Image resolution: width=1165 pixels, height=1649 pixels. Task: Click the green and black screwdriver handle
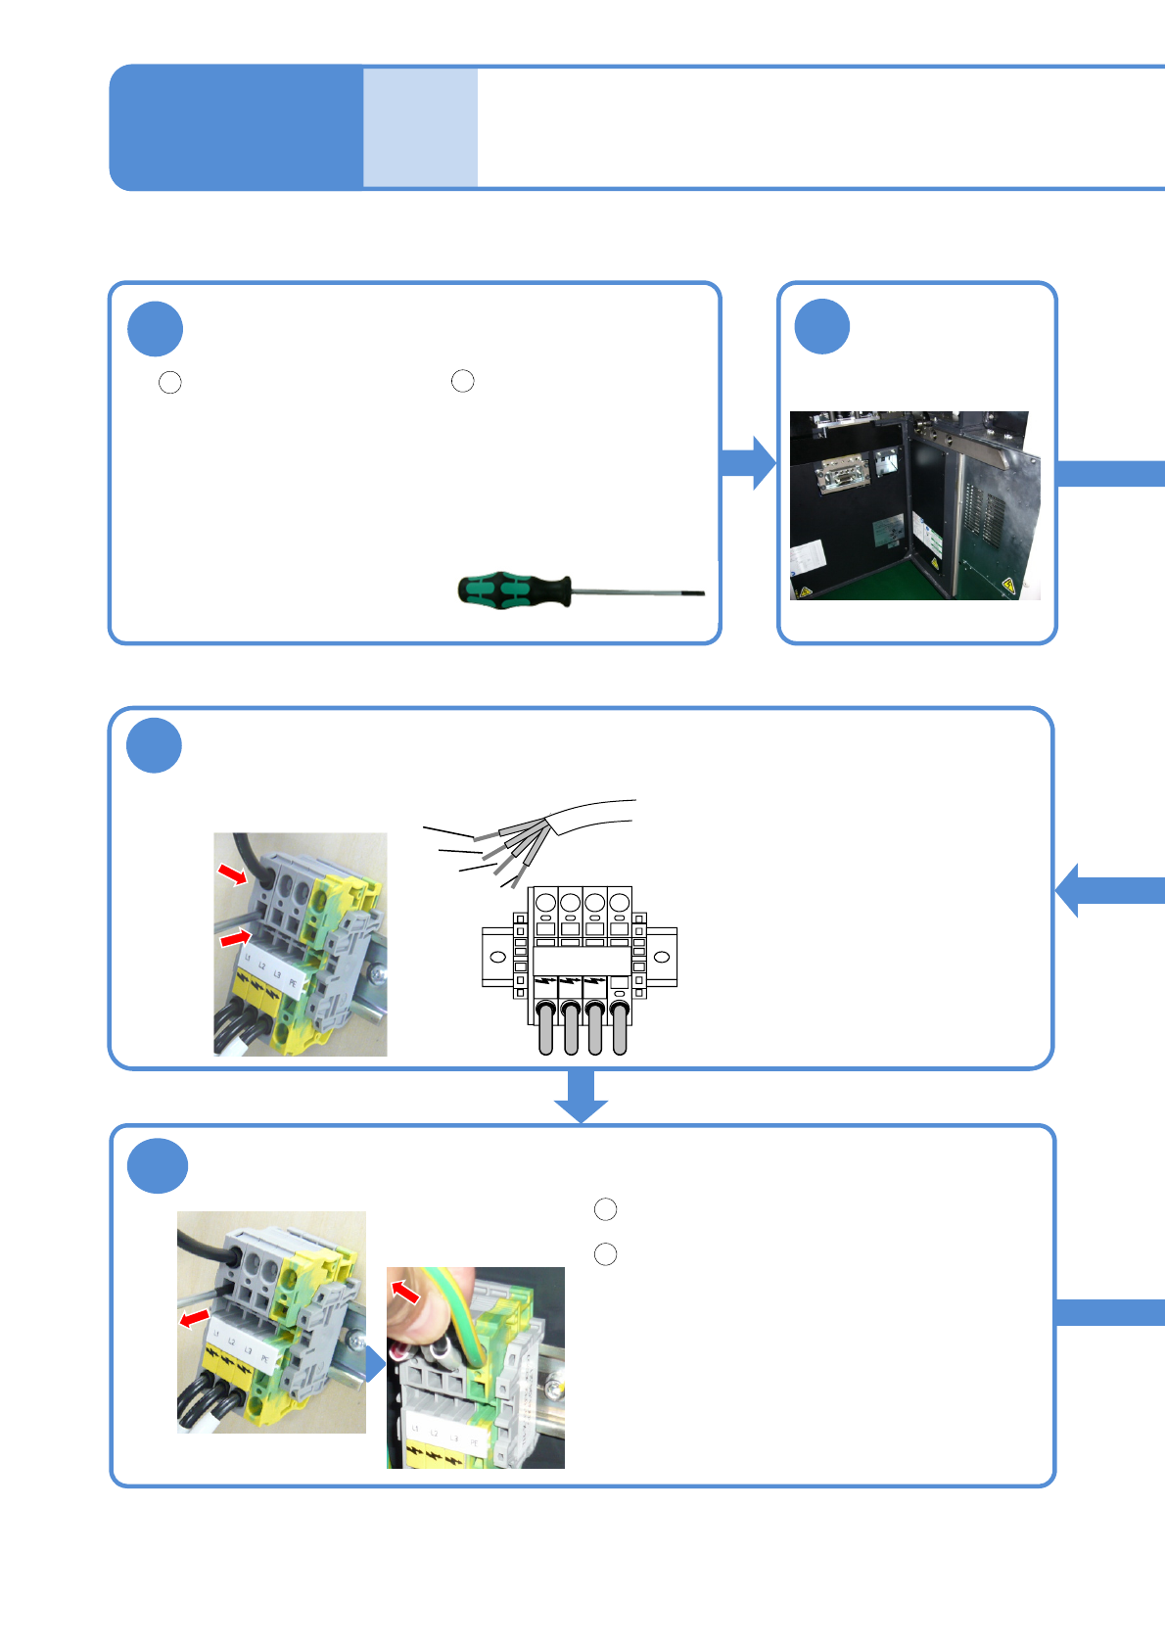pyautogui.click(x=514, y=589)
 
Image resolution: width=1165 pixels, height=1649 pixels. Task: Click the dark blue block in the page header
pyautogui.click(x=236, y=127)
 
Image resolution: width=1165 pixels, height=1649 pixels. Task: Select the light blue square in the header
pyautogui.click(x=420, y=127)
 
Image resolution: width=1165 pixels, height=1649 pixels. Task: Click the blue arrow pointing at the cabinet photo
pyautogui.click(x=750, y=462)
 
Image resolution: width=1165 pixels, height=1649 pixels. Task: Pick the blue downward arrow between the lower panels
pyautogui.click(x=582, y=1097)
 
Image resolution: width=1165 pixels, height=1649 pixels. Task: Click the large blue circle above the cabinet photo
pyautogui.click(x=821, y=326)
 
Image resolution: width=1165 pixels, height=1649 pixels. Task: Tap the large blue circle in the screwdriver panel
pyautogui.click(x=155, y=329)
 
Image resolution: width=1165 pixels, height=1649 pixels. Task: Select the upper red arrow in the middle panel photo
pyautogui.click(x=233, y=872)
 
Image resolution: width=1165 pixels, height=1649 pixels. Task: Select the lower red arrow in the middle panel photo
pyautogui.click(x=236, y=938)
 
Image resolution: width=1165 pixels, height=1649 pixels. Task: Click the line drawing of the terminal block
pyautogui.click(x=580, y=969)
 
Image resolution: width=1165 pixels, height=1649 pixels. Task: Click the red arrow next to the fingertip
pyautogui.click(x=405, y=1292)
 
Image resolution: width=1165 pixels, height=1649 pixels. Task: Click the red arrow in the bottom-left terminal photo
pyautogui.click(x=195, y=1318)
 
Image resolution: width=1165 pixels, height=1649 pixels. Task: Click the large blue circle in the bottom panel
pyautogui.click(x=158, y=1165)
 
